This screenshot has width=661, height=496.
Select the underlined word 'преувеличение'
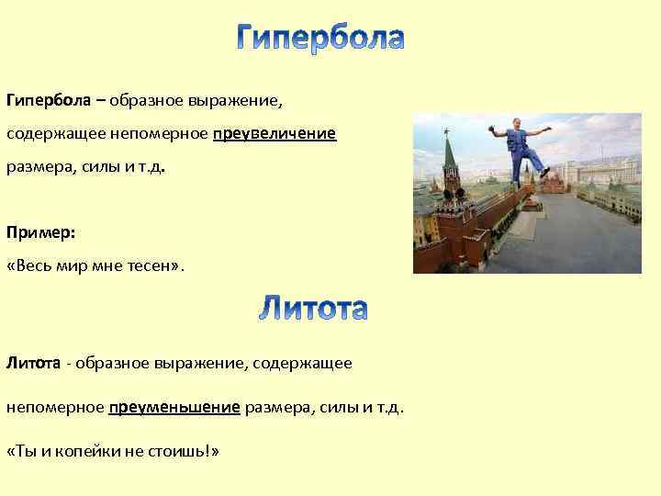pos(274,135)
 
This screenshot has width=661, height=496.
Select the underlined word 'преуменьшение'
pos(174,407)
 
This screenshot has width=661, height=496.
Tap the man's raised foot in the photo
pos(543,173)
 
